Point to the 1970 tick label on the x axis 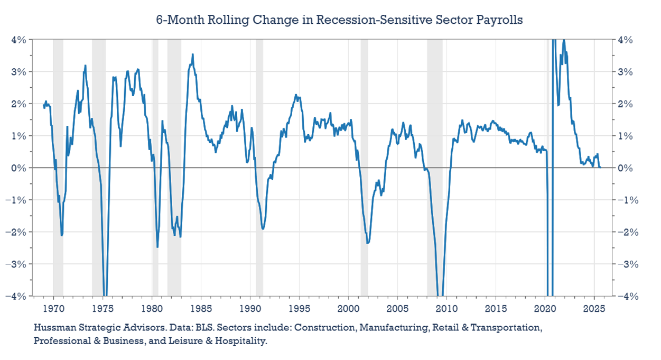pos(53,308)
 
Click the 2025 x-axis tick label pos(594,308)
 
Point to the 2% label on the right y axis pos(624,104)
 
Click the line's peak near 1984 pos(192,54)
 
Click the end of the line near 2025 pos(600,167)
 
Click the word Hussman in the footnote pos(55,328)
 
